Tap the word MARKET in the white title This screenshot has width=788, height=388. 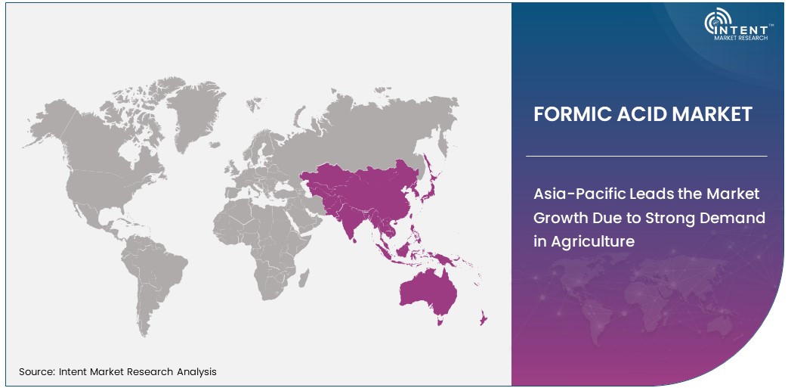715,114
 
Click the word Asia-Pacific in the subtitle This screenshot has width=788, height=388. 579,194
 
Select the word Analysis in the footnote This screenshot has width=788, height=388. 194,371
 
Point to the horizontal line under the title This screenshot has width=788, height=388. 646,156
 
